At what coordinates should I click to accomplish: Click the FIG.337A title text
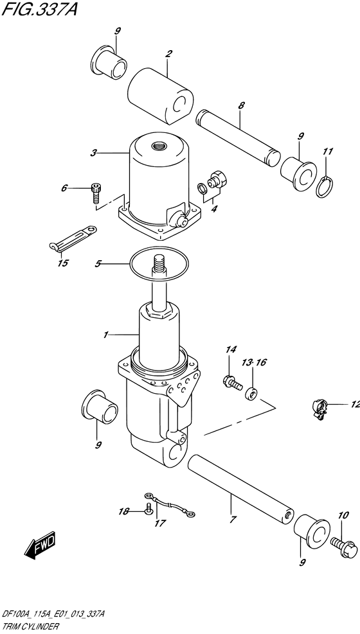pos(39,9)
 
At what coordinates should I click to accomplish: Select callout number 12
pos(355,404)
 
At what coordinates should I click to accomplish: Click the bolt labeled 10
pos(345,545)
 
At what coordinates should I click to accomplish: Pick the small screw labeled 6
pos(95,193)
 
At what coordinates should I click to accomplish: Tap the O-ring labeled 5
pos(159,264)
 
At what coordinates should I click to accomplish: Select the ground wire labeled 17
pos(170,504)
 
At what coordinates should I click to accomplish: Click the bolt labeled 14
pos(232,382)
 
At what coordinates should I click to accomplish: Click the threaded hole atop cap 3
pos(156,145)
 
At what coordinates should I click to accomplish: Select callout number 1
pos(106,335)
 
